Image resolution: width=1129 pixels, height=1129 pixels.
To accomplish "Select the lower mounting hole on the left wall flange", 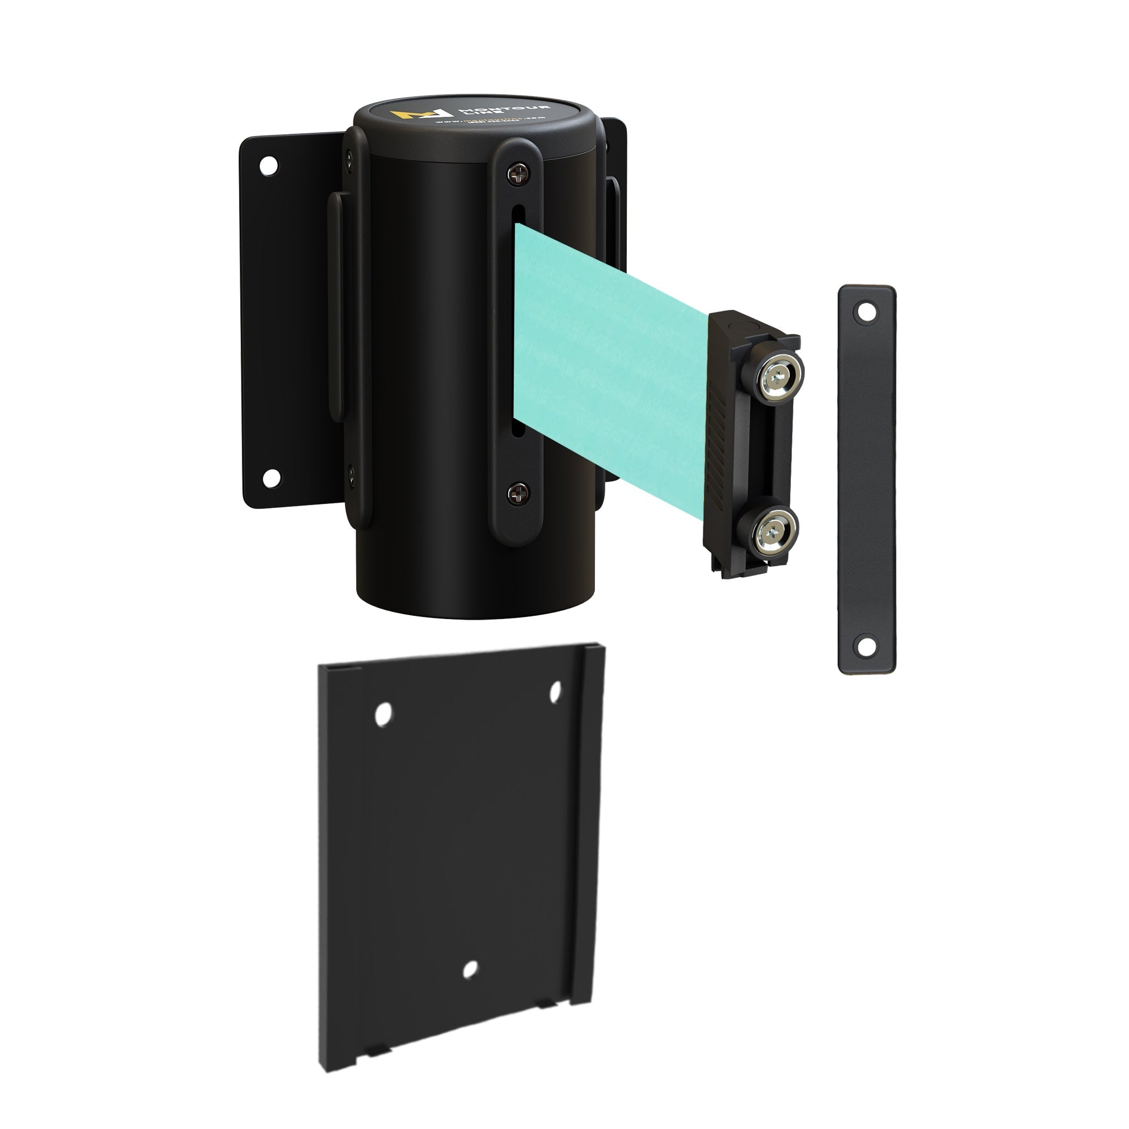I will point(271,478).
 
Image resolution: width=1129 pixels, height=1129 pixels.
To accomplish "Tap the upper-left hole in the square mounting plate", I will point(383,714).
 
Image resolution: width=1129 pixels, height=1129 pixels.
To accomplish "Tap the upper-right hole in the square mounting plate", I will point(555,691).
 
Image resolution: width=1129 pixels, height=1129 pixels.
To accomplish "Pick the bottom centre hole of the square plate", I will point(470,970).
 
